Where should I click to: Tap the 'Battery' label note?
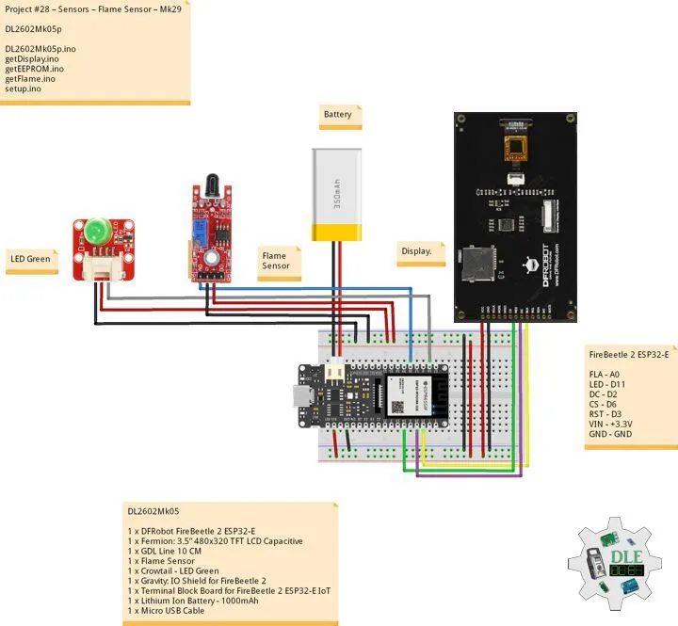[338, 115]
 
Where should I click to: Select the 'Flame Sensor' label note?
[277, 261]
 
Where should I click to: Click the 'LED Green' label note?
[30, 259]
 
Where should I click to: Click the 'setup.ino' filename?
[23, 88]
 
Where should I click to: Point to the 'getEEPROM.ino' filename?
[34, 69]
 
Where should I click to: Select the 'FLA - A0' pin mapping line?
[605, 374]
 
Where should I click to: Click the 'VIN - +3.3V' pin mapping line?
[610, 425]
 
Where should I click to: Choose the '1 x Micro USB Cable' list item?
[167, 611]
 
